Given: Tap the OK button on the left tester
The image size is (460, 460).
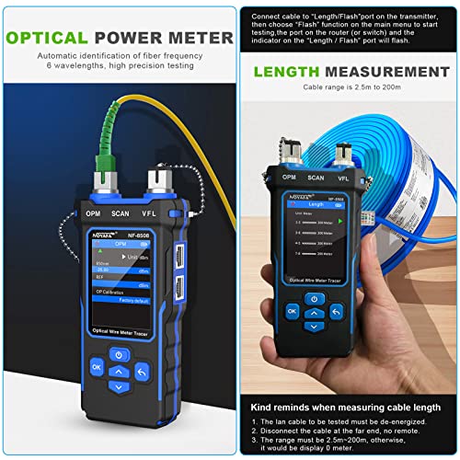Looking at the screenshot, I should (98, 367).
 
